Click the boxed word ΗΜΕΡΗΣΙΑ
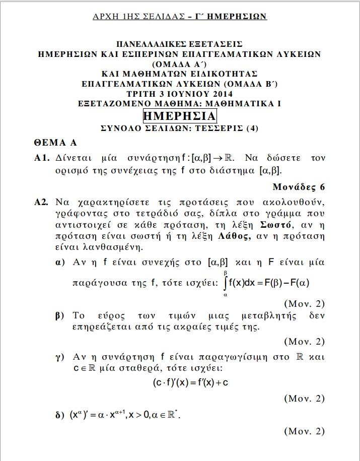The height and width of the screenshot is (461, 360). tap(180, 116)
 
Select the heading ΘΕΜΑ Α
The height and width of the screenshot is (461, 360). tap(55, 143)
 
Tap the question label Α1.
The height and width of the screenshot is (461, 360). tap(41, 158)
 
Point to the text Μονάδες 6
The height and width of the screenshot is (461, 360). tap(299, 187)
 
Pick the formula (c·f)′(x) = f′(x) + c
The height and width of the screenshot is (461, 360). tap(191, 382)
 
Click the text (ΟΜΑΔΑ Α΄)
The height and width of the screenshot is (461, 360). tap(180, 64)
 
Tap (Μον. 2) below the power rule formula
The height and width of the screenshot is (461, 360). tap(304, 431)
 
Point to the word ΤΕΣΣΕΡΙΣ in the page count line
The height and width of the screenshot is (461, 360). tap(219, 128)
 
